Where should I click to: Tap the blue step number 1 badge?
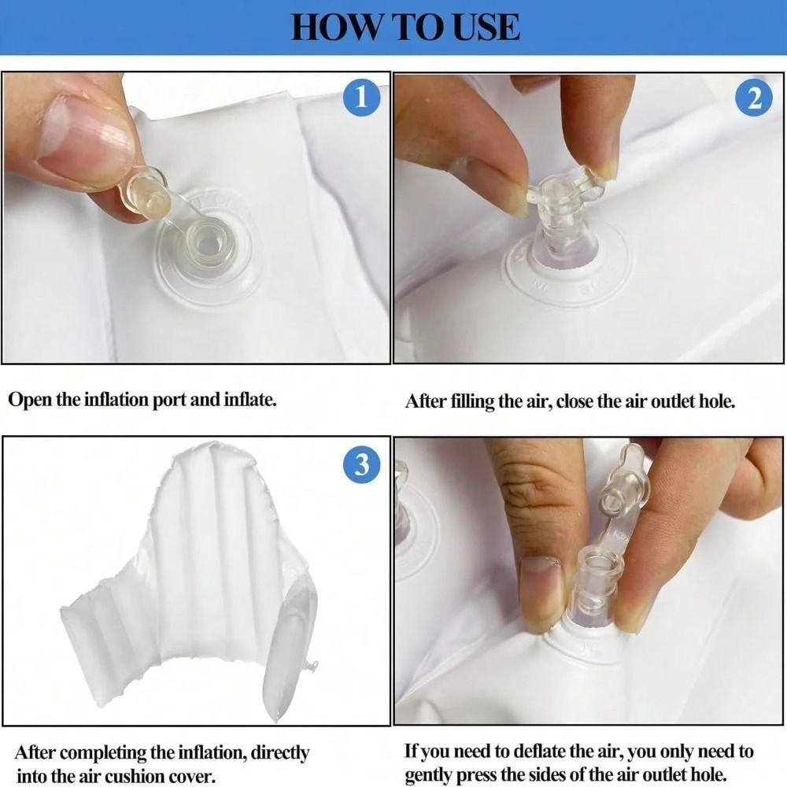click(x=361, y=98)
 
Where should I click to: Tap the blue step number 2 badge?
click(x=754, y=98)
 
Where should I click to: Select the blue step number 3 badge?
click(x=362, y=464)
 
